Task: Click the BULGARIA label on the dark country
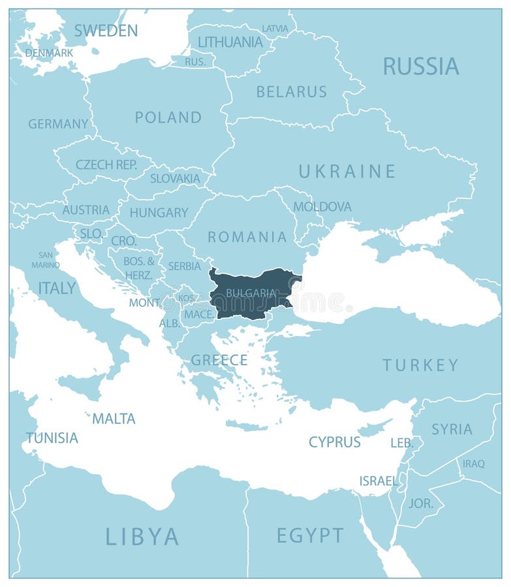coord(251,293)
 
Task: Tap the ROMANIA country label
coord(247,237)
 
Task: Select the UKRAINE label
coord(347,172)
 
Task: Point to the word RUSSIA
coord(420,66)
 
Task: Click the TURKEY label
coord(420,365)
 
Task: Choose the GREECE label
coord(219,360)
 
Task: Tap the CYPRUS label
coord(334,442)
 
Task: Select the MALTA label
coord(114,419)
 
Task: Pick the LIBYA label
coord(142,536)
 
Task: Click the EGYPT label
coord(310,535)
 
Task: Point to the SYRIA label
coord(452,429)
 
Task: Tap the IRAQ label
coord(473,464)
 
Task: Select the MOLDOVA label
coord(322,207)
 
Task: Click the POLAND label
coord(168,117)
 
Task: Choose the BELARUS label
coord(291,92)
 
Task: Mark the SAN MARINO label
coord(46,260)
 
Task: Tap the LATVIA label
coord(275,29)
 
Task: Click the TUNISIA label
coord(52,438)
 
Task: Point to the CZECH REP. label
coord(106,165)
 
